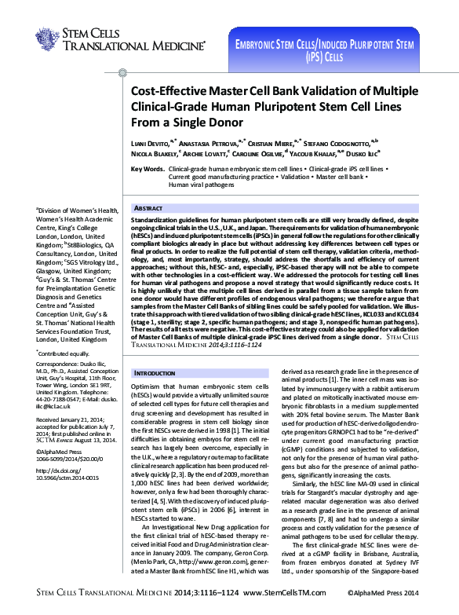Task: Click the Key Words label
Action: coord(147,169)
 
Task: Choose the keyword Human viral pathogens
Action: coord(195,185)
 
